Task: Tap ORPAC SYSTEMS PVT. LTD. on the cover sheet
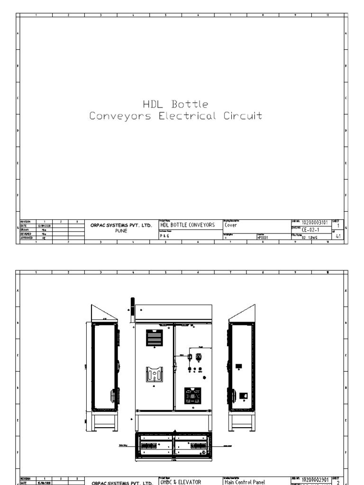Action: point(121,225)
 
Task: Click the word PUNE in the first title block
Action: point(121,231)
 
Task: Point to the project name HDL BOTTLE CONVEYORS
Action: point(187,225)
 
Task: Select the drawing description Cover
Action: point(231,225)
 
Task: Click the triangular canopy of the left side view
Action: point(103,313)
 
